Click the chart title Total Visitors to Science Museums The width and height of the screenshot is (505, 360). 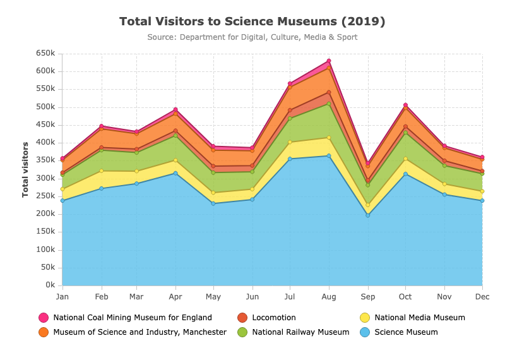pyautogui.click(x=252, y=21)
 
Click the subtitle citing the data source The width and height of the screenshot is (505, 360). pyautogui.click(x=252, y=37)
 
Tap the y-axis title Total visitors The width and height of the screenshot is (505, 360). pyautogui.click(x=25, y=169)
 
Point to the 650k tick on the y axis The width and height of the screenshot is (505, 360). pyautogui.click(x=45, y=53)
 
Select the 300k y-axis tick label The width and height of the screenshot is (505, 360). pyautogui.click(x=45, y=178)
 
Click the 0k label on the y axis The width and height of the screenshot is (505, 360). pyautogui.click(x=50, y=285)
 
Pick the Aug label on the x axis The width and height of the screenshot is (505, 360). pyautogui.click(x=328, y=297)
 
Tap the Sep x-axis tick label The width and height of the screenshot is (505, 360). pyautogui.click(x=368, y=297)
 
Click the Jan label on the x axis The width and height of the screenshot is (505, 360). pyautogui.click(x=62, y=296)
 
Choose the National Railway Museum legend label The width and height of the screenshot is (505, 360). pyautogui.click(x=300, y=332)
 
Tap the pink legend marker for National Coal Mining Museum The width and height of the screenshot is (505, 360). pyautogui.click(x=44, y=318)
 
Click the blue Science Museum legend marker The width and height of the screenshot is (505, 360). pyautogui.click(x=365, y=332)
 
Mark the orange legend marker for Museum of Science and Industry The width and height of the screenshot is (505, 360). pyautogui.click(x=44, y=332)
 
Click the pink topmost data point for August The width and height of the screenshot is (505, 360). pyautogui.click(x=329, y=61)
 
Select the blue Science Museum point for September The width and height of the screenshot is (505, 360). pyautogui.click(x=368, y=215)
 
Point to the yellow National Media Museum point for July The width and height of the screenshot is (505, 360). pyautogui.click(x=290, y=142)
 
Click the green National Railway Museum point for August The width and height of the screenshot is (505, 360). pyautogui.click(x=329, y=104)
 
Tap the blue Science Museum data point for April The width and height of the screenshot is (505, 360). pyautogui.click(x=175, y=173)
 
